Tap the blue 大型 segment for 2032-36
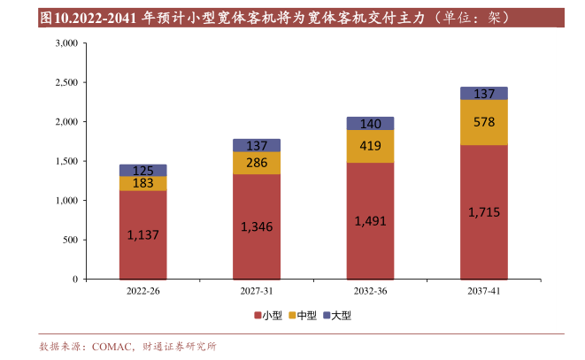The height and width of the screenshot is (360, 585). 370,124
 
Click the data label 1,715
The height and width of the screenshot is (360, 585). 483,212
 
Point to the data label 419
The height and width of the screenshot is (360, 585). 370,146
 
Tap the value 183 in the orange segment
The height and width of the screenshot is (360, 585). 142,183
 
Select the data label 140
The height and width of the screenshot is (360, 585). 370,124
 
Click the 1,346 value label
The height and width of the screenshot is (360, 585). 256,227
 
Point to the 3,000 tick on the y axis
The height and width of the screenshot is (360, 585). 66,43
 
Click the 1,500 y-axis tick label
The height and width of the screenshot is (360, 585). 66,161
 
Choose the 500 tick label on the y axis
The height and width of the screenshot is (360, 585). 71,240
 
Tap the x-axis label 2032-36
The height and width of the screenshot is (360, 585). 370,291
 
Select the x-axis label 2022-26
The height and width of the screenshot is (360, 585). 142,291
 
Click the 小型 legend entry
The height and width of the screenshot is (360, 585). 271,315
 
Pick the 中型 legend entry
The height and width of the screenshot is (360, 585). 304,315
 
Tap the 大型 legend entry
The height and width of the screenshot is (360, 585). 338,315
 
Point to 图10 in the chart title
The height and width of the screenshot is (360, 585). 52,17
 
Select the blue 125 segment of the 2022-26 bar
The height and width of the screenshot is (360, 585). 142,170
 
